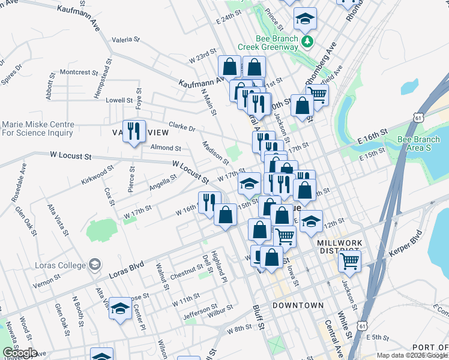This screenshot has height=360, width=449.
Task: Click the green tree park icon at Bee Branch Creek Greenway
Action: (x=308, y=41)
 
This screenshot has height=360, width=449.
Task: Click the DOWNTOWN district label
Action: (x=298, y=305)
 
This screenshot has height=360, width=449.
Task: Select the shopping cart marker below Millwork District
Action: (x=350, y=261)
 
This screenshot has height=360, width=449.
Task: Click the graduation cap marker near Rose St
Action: (x=120, y=310)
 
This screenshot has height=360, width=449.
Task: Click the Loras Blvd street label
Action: (x=127, y=269)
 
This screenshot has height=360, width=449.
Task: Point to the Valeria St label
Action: (x=125, y=40)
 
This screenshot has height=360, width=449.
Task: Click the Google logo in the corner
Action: (x=20, y=352)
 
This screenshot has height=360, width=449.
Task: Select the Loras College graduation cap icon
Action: (x=94, y=264)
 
